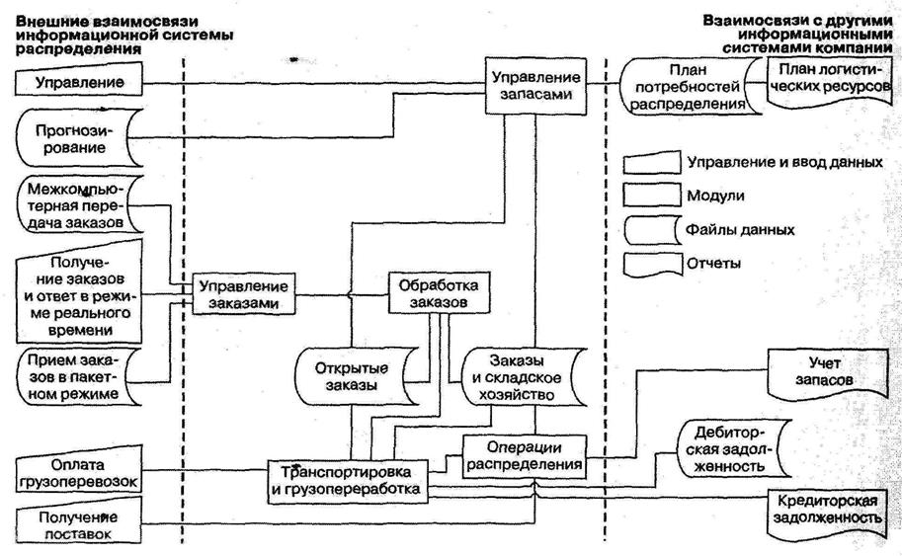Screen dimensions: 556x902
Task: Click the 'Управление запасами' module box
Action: (x=534, y=85)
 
